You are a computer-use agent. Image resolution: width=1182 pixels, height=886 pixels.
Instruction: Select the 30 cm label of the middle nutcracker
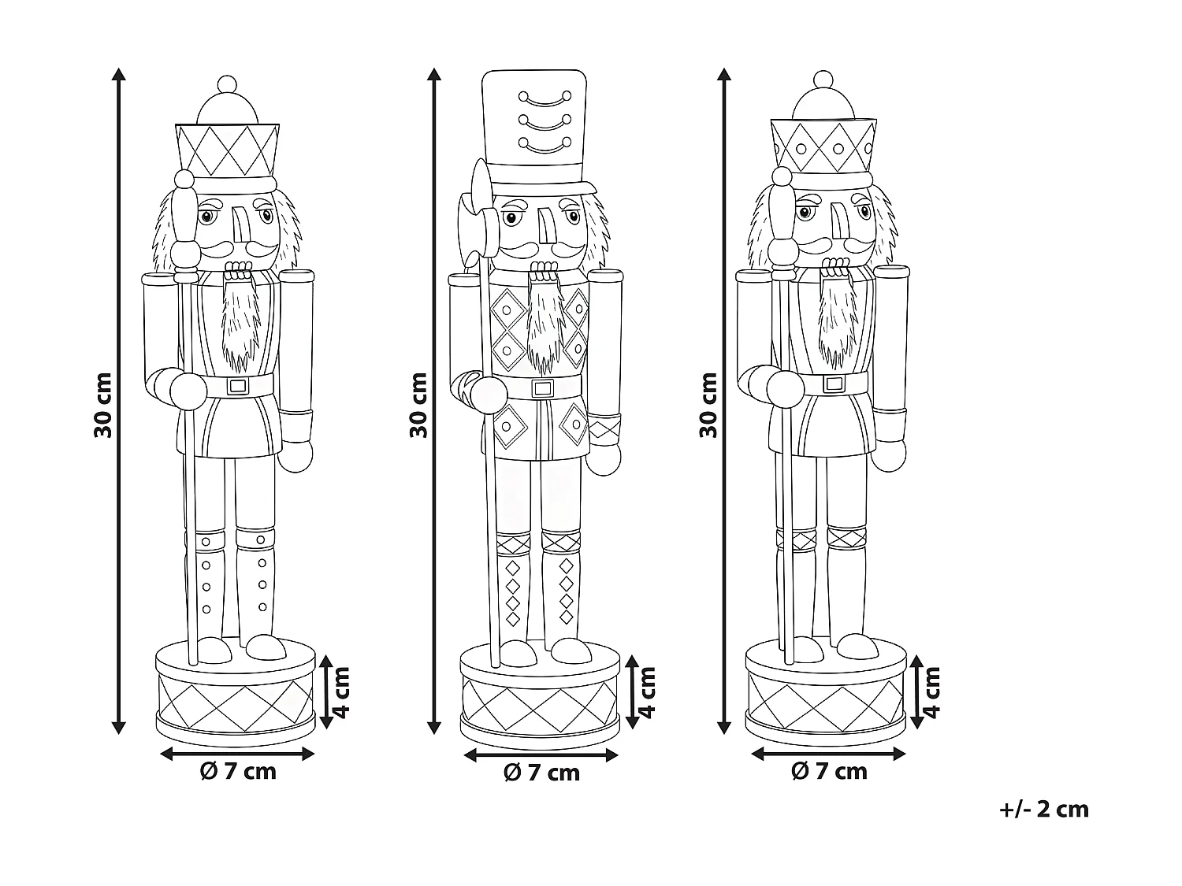[x=418, y=404]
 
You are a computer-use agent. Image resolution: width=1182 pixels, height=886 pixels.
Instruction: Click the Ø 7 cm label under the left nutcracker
[x=238, y=771]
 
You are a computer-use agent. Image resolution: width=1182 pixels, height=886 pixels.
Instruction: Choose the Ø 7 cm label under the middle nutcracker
[x=541, y=773]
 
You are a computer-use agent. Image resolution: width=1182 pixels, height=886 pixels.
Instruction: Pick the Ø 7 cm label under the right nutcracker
[x=829, y=771]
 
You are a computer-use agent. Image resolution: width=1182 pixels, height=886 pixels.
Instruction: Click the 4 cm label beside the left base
[x=340, y=691]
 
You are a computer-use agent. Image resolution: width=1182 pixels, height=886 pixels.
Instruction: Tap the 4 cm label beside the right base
[x=931, y=691]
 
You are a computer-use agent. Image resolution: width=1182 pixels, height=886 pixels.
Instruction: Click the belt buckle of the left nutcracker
[x=237, y=386]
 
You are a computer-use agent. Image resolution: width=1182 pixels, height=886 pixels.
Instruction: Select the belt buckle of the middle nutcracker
[x=542, y=387]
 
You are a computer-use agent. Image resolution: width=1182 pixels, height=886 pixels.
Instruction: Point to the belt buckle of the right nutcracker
[x=833, y=384]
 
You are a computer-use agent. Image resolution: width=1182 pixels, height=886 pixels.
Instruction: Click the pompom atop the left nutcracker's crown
[x=227, y=83]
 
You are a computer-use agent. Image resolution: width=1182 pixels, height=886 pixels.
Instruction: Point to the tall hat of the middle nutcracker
[x=534, y=126]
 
